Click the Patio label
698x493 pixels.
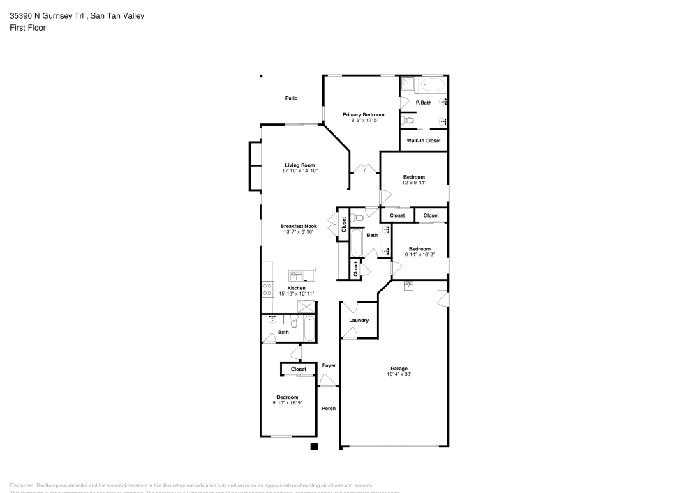coord(291,98)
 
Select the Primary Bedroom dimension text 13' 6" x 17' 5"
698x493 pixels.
coord(363,121)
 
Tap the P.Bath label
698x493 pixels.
coord(424,103)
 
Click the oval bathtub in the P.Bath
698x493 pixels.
coord(432,85)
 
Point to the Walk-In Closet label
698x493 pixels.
coord(424,141)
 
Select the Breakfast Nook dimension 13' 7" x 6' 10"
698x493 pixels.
coord(298,232)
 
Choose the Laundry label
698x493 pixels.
coord(359,321)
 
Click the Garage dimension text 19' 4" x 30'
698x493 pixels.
coord(399,374)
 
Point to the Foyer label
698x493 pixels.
coord(329,365)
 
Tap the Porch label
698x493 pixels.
coord(328,408)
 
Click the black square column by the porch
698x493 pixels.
coord(314,447)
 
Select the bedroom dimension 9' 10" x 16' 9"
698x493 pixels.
coord(287,403)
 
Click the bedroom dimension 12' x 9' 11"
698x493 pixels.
coord(414,183)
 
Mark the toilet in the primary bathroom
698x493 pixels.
coord(409,121)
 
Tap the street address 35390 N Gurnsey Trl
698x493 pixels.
coord(47,15)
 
